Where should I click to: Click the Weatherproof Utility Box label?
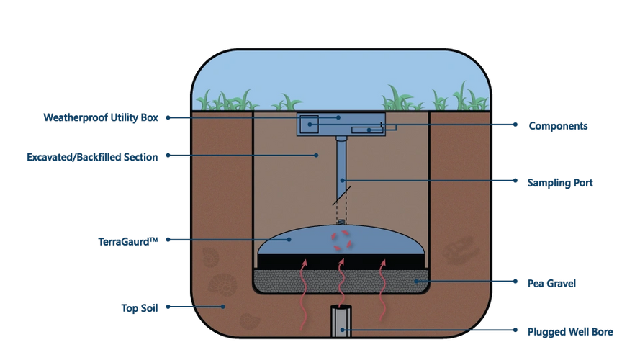pos(101,117)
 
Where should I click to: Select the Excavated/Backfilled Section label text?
pos(92,156)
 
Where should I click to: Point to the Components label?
pos(558,126)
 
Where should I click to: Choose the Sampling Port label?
pos(561,183)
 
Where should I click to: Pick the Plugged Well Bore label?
pos(570,332)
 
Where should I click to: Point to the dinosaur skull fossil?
pos(458,251)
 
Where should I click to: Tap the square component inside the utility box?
pos(309,124)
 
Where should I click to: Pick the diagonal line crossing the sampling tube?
pos(341,196)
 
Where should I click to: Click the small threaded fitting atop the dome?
pos(341,222)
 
